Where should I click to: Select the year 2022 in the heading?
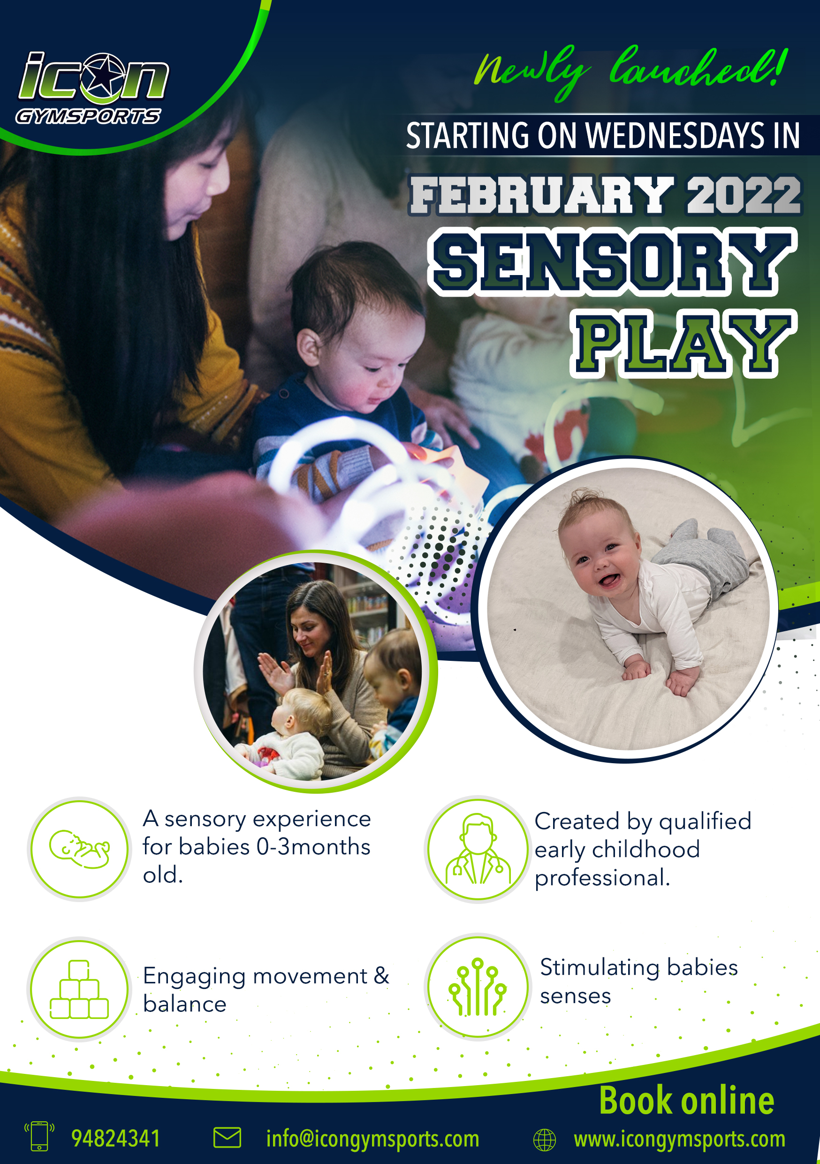click(x=744, y=195)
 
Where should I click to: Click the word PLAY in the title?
click(x=683, y=344)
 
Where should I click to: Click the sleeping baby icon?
click(x=80, y=850)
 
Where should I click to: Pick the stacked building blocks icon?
click(x=79, y=989)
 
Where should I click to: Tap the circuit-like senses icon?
click(x=478, y=987)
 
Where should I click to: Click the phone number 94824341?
click(x=115, y=1138)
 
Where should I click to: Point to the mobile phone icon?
click(x=39, y=1136)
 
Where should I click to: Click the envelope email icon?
click(x=227, y=1137)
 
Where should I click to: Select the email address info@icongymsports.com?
click(x=372, y=1139)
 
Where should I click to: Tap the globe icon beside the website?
click(x=544, y=1140)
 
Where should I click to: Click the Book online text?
click(x=687, y=1101)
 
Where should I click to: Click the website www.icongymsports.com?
click(x=680, y=1139)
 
